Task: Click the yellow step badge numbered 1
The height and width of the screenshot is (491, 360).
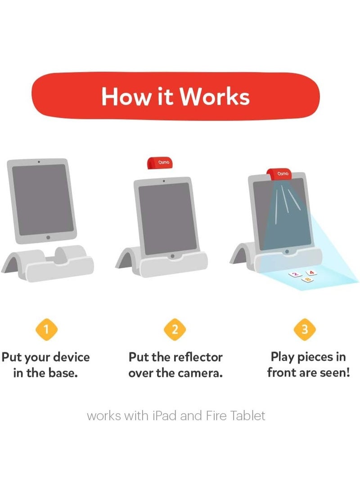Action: coord(47,329)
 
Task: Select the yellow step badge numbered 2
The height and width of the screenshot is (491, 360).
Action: coord(175,329)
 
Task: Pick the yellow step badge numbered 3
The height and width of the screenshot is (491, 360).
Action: coord(305,329)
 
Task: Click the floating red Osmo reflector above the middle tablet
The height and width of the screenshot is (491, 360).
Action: coord(160,162)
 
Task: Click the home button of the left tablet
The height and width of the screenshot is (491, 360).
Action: coord(48,237)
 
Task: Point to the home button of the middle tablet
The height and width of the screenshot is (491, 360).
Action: coord(172,256)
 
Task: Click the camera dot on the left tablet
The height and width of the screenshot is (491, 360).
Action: coord(39,162)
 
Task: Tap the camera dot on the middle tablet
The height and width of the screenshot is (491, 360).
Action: coord(164,180)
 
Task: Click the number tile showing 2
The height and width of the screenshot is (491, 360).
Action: coord(295,275)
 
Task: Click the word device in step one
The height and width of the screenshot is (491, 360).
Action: coord(71,357)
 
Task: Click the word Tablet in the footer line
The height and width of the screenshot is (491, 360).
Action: coord(247,415)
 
